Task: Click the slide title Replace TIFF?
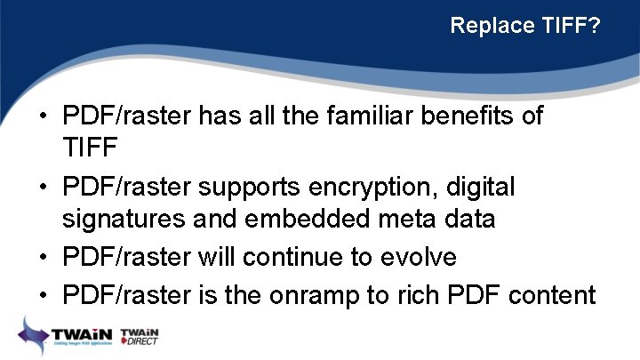click(x=525, y=26)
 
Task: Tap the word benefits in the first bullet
click(x=460, y=116)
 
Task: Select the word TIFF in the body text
click(x=92, y=147)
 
